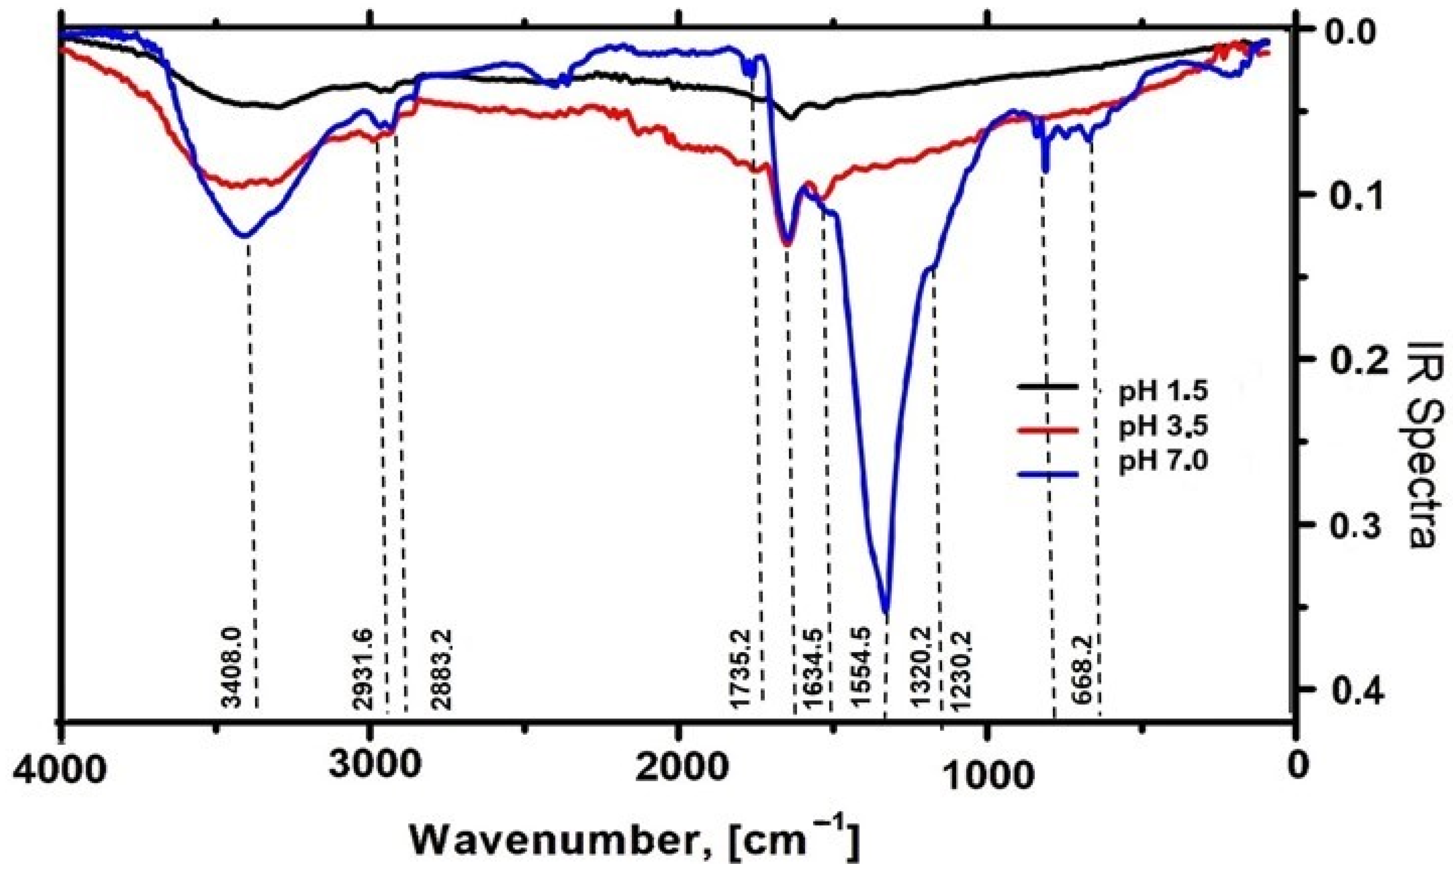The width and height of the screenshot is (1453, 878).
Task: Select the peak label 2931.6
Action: click(362, 667)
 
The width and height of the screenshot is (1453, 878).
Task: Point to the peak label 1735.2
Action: click(741, 667)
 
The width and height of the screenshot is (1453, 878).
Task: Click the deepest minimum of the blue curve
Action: click(885, 611)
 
